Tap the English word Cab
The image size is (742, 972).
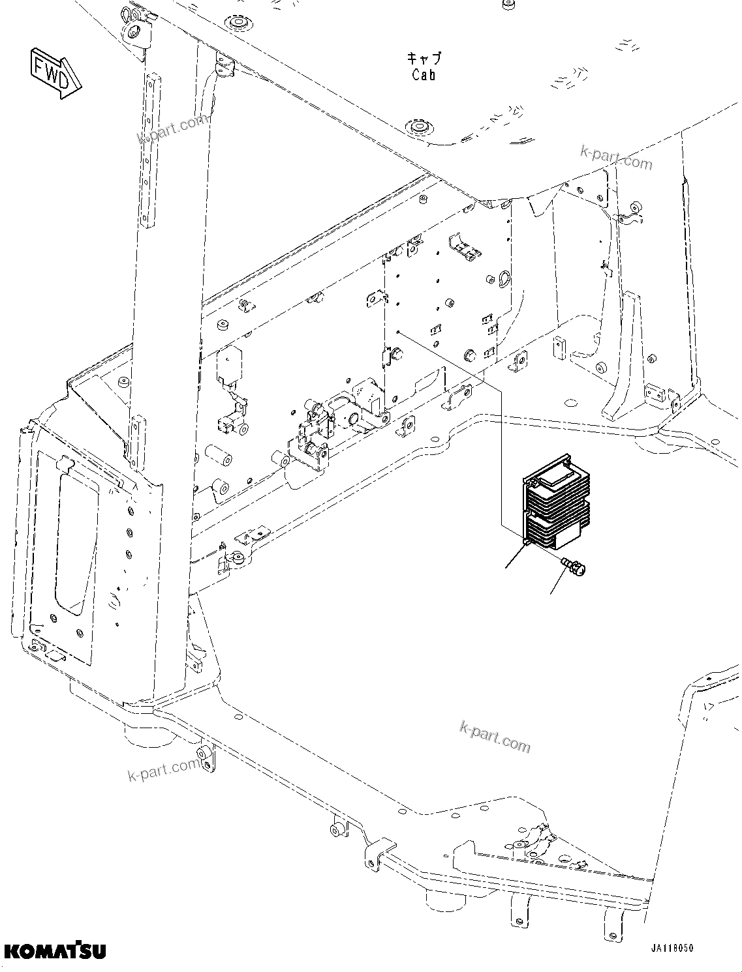click(x=424, y=75)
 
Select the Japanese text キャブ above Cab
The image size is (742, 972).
click(x=424, y=58)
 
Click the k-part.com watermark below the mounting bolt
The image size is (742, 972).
click(x=495, y=735)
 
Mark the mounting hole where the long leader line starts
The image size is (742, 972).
click(x=397, y=332)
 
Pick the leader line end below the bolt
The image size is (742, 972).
click(x=552, y=593)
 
